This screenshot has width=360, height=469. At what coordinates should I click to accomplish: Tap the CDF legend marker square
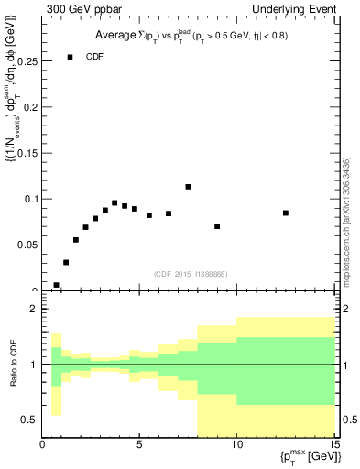[70, 57]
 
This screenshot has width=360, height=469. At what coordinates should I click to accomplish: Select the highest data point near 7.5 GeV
[188, 187]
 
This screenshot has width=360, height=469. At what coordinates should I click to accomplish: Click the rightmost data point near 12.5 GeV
[286, 213]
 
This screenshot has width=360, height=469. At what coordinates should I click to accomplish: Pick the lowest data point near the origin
[56, 285]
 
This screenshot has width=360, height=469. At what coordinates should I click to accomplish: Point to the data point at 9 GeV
[217, 226]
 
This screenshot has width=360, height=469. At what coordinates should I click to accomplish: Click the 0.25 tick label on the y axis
[27, 61]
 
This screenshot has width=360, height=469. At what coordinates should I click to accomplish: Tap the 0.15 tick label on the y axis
[27, 153]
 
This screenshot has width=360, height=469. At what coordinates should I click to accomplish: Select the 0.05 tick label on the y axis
[27, 245]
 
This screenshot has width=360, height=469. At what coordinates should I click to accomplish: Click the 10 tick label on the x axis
[236, 447]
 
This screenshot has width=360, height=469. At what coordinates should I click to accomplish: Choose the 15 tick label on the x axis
[333, 447]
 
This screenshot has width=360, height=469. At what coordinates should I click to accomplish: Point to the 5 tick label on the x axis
[139, 447]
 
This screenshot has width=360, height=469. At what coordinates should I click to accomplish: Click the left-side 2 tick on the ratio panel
[33, 310]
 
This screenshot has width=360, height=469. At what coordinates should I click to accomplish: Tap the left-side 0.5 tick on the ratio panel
[29, 420]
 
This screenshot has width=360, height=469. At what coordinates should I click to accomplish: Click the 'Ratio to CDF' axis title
[12, 365]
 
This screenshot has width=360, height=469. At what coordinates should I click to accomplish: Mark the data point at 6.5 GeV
[169, 213]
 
